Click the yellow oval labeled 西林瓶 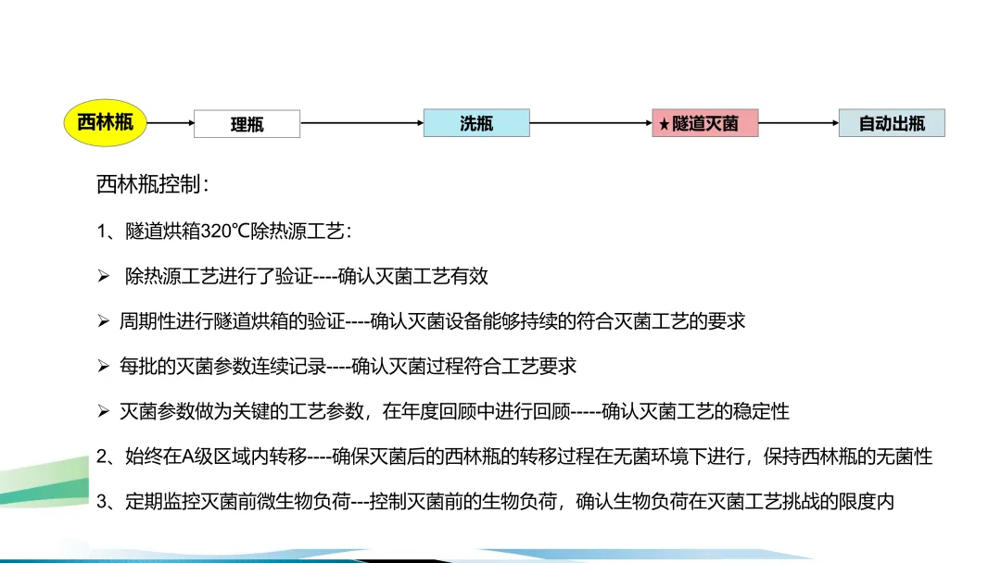[x=106, y=123]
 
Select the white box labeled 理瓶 [x=247, y=124]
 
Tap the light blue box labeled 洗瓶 [x=476, y=123]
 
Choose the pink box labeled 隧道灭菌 [x=704, y=123]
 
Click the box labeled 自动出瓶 [x=892, y=123]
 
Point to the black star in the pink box [x=665, y=124]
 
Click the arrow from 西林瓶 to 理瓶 [x=171, y=122]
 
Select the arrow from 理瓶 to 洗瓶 [x=361, y=122]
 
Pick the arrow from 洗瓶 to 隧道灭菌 [x=590, y=122]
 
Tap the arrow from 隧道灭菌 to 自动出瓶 [x=798, y=122]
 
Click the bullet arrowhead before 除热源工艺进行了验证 [x=104, y=276]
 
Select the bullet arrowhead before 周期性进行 [x=104, y=321]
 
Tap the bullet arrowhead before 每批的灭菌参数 [x=104, y=367]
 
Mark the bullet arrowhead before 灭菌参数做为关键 [x=104, y=411]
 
